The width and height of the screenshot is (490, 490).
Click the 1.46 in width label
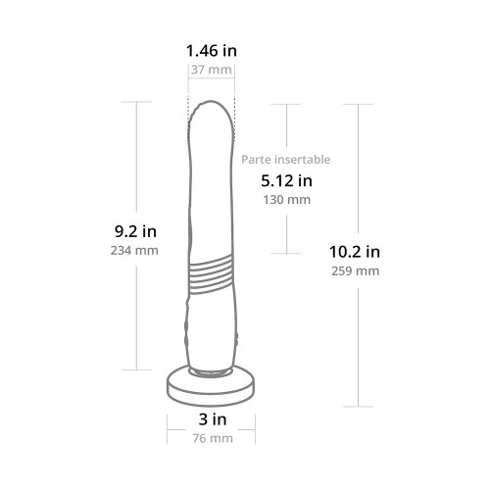click(212, 51)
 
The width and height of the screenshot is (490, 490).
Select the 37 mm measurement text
click(212, 70)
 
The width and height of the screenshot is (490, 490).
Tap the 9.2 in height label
click(135, 231)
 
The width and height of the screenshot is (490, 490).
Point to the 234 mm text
click(134, 251)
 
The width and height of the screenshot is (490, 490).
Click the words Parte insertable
click(286, 160)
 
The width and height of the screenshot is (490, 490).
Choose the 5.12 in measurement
click(286, 180)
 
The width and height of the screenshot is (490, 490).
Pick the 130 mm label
click(286, 200)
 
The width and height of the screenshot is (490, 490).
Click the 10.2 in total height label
click(355, 252)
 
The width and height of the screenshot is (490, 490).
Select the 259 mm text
click(356, 270)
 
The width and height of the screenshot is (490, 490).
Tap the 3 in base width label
click(213, 419)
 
